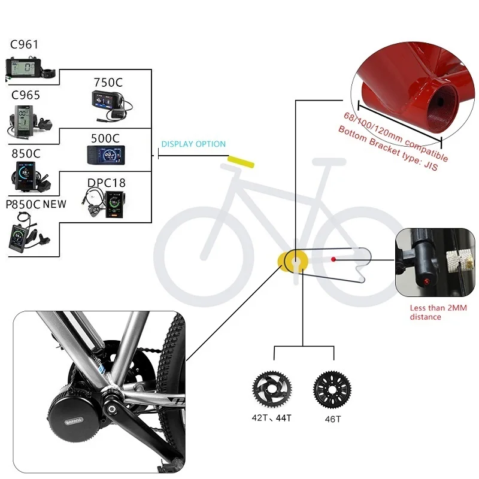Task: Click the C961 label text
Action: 24,44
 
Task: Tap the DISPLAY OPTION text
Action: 193,144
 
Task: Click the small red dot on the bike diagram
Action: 334,259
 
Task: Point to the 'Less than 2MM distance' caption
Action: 438,312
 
